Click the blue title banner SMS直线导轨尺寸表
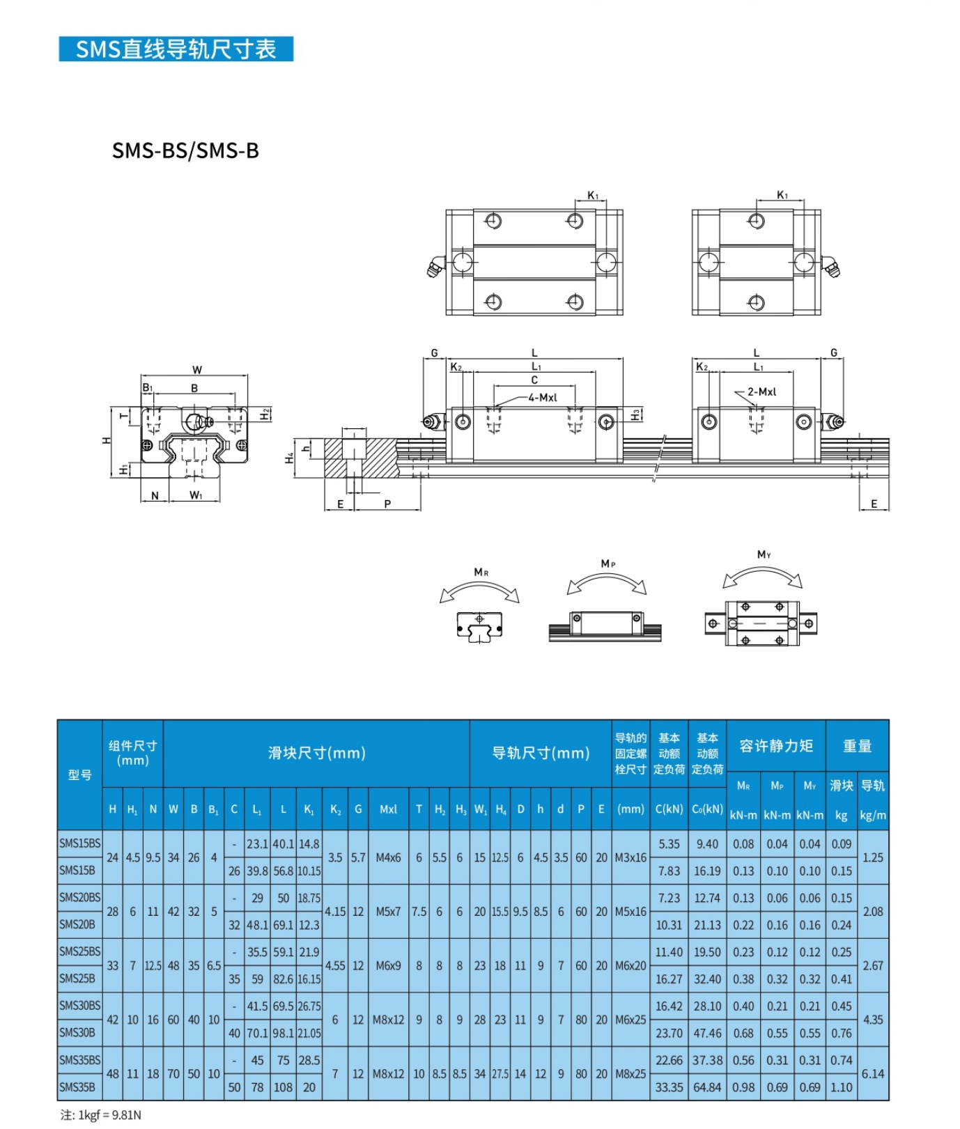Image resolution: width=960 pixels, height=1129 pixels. (176, 49)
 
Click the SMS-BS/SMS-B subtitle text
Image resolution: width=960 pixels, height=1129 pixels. (185, 150)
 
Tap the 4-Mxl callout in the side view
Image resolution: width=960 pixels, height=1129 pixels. (542, 398)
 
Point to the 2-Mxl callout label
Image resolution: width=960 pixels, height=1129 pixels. (761, 392)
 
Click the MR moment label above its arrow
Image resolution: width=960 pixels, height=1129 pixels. (481, 572)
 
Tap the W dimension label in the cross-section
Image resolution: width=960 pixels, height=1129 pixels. (197, 370)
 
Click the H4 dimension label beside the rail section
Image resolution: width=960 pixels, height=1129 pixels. (289, 458)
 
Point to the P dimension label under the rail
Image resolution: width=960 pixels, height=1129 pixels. (387, 504)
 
